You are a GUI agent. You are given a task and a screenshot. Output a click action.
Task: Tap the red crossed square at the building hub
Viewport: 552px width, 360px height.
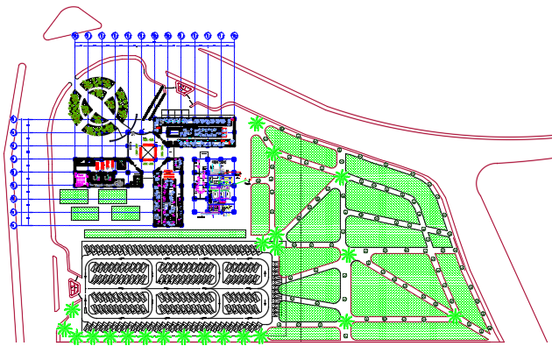coord(149,152)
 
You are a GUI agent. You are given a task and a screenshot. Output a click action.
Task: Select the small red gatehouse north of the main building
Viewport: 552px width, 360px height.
coord(182,87)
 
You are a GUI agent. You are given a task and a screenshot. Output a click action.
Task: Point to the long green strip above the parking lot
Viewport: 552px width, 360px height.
coord(165,234)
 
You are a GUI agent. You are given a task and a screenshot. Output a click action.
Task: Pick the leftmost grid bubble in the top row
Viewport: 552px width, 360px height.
coord(75,36)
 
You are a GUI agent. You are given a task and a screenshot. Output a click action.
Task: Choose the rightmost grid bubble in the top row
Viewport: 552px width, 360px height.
coord(235,36)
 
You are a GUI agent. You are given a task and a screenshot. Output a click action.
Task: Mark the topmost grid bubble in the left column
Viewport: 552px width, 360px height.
coord(14,119)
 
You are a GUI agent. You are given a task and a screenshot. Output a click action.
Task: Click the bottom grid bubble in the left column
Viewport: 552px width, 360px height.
coord(14,225)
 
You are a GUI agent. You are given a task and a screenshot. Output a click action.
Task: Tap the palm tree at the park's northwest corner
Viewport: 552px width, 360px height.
coord(256,124)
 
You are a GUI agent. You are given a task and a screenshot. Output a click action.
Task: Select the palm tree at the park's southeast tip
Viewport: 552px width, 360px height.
coord(456,317)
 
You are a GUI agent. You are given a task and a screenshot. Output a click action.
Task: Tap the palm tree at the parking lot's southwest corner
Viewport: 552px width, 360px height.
coord(64,328)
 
